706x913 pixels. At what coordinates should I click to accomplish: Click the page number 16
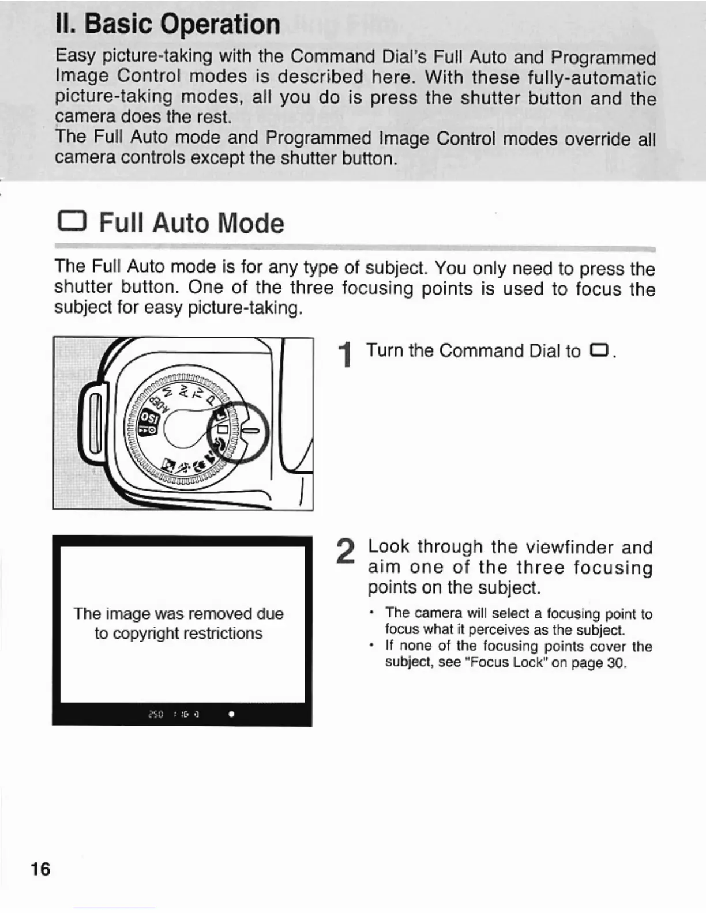40,869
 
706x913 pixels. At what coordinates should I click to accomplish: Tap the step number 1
346,354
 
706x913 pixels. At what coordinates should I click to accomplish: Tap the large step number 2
345,552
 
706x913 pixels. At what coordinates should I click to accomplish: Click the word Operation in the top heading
220,24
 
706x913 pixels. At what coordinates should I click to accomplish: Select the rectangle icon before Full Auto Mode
72,222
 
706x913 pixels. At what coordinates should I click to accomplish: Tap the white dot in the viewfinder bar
231,714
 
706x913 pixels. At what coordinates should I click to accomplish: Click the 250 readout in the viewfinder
155,714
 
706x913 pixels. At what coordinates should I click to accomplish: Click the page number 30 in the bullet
616,662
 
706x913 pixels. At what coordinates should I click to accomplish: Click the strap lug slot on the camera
94,422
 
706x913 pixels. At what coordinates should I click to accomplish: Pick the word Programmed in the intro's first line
603,58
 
